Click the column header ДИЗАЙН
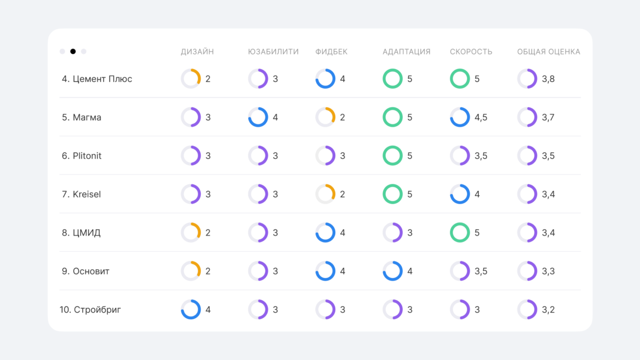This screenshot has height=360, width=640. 197,52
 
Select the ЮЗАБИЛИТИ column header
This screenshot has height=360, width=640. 273,52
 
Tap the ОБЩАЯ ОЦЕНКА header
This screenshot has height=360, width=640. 549,52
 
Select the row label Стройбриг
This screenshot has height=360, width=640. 90,310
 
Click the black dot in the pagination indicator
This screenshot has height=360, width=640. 73,52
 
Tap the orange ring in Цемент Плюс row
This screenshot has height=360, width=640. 191,79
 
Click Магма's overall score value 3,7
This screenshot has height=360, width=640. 548,117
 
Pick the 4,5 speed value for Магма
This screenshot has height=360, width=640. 481,117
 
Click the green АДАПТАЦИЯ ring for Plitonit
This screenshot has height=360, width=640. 392,156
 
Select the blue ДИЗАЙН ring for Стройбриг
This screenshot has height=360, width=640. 191,310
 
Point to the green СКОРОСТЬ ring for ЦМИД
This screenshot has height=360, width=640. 460,233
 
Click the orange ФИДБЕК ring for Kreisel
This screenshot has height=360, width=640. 325,194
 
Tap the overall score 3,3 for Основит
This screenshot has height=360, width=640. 548,271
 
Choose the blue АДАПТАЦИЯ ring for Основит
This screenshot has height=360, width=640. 392,271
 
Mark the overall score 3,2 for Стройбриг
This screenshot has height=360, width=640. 548,310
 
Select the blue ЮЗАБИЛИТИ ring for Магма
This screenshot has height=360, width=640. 258,117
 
